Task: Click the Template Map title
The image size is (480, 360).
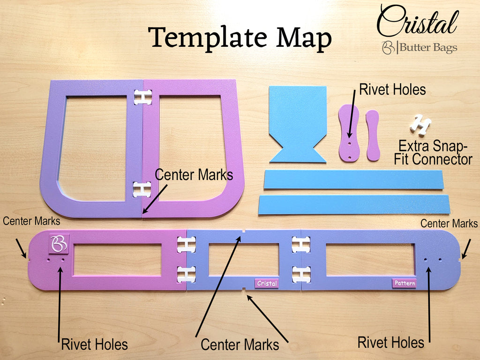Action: pyautogui.click(x=240, y=38)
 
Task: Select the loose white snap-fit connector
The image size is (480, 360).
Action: pyautogui.click(x=420, y=125)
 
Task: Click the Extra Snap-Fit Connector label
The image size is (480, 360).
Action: pyautogui.click(x=433, y=152)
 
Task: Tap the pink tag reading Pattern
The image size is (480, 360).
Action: pyautogui.click(x=405, y=283)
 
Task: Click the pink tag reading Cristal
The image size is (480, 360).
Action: pyautogui.click(x=267, y=284)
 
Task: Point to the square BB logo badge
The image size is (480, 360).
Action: pyautogui.click(x=59, y=244)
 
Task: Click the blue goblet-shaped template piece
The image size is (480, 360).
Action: pyautogui.click(x=298, y=124)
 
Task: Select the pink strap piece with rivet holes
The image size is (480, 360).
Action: pyautogui.click(x=349, y=133)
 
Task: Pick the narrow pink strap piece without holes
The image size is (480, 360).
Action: pyautogui.click(x=373, y=135)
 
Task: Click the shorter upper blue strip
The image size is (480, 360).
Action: pyautogui.click(x=353, y=180)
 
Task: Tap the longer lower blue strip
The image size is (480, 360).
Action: pyautogui.click(x=354, y=204)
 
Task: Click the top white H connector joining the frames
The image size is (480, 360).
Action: pyautogui.click(x=142, y=97)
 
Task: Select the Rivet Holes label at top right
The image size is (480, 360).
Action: pyautogui.click(x=392, y=90)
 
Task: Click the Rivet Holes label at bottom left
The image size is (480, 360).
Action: pyautogui.click(x=94, y=345)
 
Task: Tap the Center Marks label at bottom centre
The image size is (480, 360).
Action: pyautogui.click(x=240, y=345)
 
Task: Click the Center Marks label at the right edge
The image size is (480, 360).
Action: pyautogui.click(x=449, y=224)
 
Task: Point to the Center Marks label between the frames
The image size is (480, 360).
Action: pyautogui.click(x=194, y=175)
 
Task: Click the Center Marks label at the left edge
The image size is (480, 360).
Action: pyautogui.click(x=31, y=221)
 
